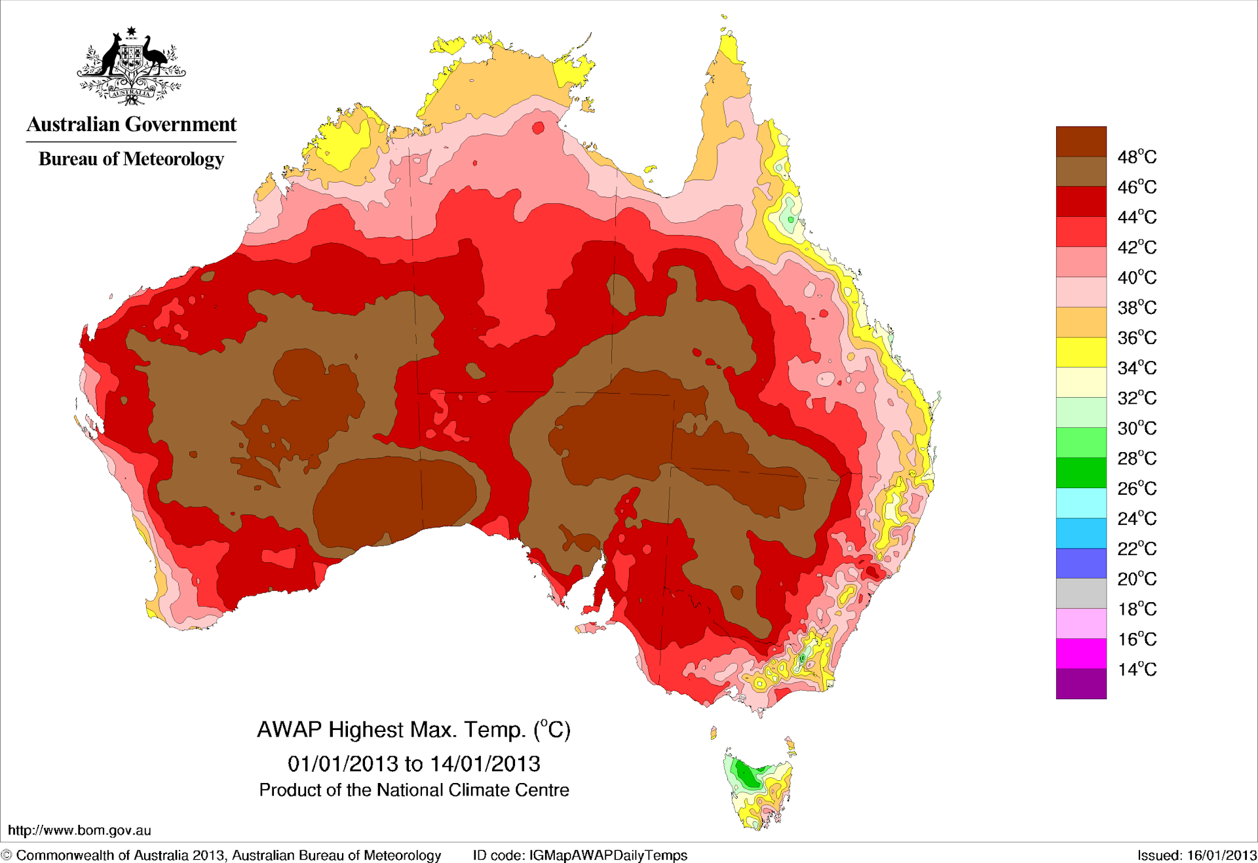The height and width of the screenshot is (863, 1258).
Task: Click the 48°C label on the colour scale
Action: click(x=1137, y=157)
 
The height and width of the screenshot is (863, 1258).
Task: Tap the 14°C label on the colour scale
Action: click(x=1137, y=669)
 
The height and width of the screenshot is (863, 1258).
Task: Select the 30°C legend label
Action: click(x=1137, y=428)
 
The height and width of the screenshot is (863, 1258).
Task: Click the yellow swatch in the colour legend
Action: click(x=1080, y=352)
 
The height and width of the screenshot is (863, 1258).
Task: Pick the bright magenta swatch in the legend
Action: click(x=1080, y=653)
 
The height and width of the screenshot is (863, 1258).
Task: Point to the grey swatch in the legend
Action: click(x=1080, y=593)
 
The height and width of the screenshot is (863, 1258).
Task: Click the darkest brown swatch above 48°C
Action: click(x=1080, y=141)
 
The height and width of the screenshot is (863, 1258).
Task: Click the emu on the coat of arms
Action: click(x=155, y=56)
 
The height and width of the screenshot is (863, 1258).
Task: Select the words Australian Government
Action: click(x=131, y=124)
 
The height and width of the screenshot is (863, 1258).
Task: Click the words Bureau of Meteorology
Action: click(x=131, y=159)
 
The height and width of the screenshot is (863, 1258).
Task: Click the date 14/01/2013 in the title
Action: click(x=485, y=763)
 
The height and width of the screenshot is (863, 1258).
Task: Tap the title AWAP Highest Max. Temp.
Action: click(x=393, y=729)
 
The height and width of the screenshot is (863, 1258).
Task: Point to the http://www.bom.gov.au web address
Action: click(x=79, y=830)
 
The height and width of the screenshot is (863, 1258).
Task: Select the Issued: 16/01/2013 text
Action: click(x=1196, y=855)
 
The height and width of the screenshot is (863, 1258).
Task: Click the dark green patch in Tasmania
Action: click(x=745, y=774)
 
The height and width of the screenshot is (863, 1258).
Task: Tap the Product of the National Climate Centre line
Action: click(x=413, y=790)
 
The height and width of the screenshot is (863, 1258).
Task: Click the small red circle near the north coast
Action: click(x=538, y=128)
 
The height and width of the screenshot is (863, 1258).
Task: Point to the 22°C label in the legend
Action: click(x=1137, y=548)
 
